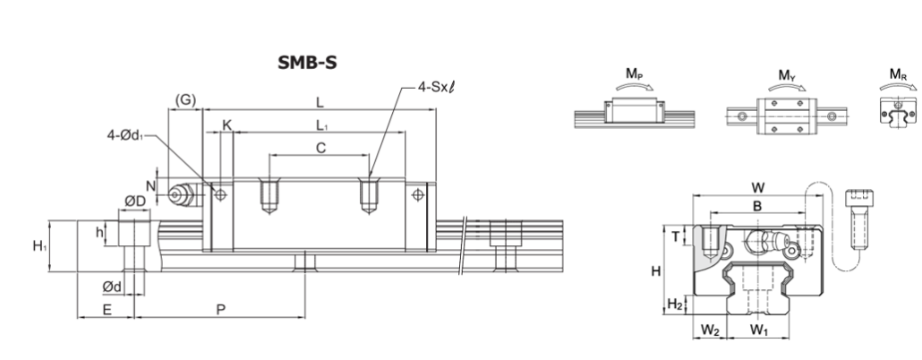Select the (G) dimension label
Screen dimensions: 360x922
(185, 99)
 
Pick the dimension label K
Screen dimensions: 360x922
(226, 126)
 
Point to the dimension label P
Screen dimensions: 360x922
(220, 309)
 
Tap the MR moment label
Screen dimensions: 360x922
(896, 75)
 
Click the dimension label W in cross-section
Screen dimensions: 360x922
(758, 187)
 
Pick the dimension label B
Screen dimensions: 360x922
(756, 206)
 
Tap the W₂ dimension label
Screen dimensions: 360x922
(710, 330)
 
